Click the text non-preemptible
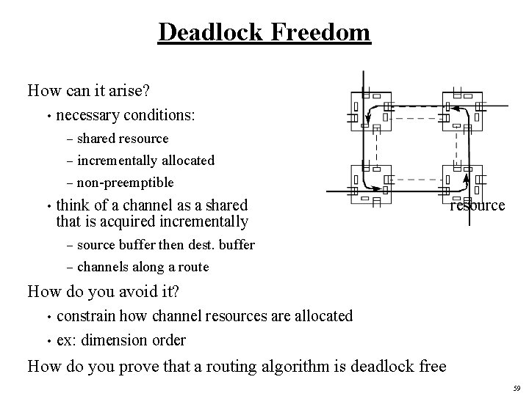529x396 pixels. click(x=126, y=183)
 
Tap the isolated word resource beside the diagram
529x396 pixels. click(x=478, y=205)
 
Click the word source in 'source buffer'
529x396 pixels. click(x=96, y=245)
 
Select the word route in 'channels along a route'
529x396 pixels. click(x=192, y=267)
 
